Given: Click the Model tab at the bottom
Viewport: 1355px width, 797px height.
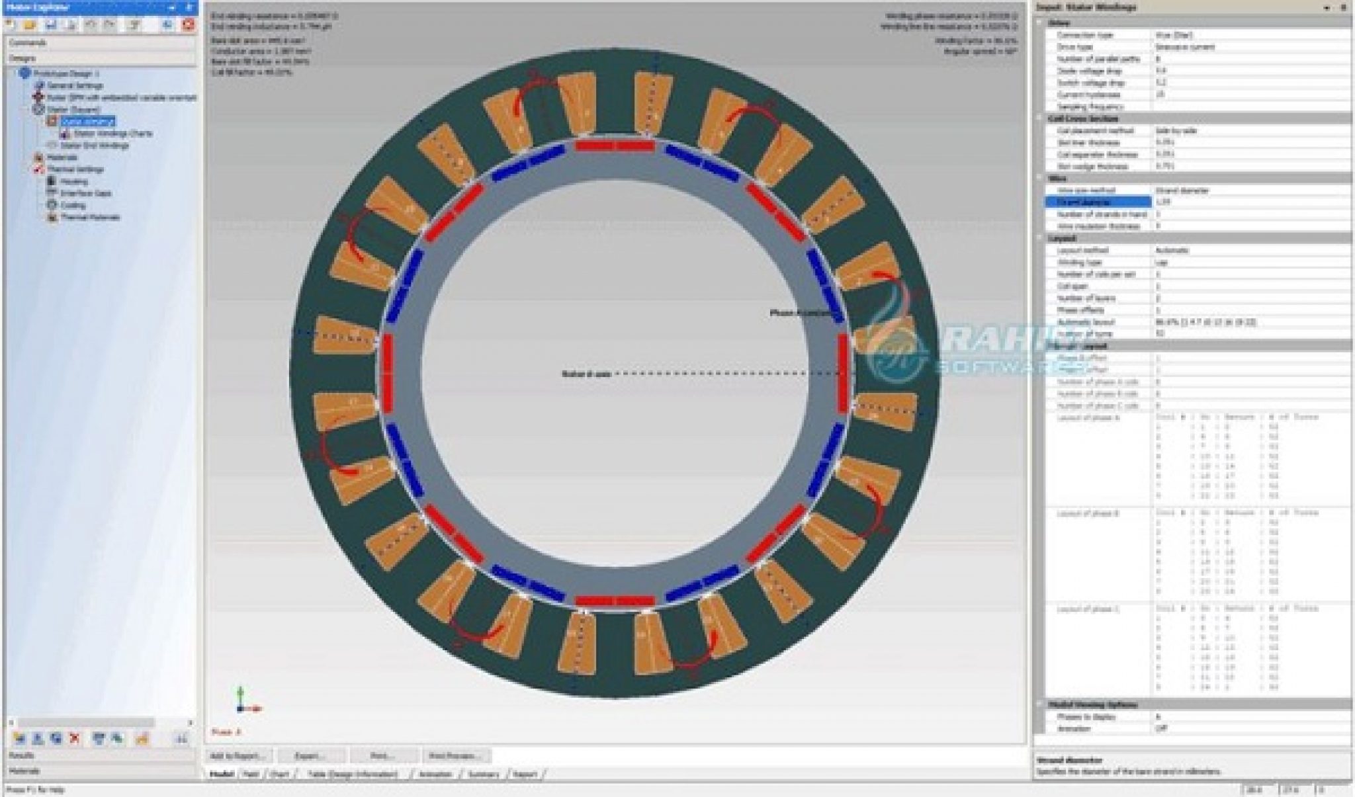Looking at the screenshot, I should coord(222,774).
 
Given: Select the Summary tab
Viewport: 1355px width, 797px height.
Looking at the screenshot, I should coord(483,774).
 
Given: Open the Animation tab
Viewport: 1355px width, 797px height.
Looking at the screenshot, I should coord(435,774).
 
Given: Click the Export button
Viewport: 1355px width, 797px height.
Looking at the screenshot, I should coord(310,755).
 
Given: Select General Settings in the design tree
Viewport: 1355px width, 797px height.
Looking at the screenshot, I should coord(74,85).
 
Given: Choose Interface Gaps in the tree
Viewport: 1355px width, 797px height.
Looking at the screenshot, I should coord(85,193).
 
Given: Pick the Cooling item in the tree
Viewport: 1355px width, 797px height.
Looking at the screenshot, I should coord(73,205).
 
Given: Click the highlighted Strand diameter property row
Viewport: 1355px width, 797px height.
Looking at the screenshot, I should coord(1098,202).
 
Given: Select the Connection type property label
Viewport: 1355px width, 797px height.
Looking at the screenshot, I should coord(1084,34).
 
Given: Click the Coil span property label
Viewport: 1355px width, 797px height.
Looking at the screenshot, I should coord(1072,286).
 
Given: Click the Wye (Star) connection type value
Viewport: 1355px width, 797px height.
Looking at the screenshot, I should coord(1174,34).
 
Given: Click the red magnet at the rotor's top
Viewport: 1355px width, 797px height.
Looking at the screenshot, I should coord(614,145).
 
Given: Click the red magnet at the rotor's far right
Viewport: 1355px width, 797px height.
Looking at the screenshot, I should coord(843,374).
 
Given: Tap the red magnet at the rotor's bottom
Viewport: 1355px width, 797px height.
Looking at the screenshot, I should coord(614,601).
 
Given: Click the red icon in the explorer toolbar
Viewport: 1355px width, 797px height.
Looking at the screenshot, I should coord(189,24).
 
